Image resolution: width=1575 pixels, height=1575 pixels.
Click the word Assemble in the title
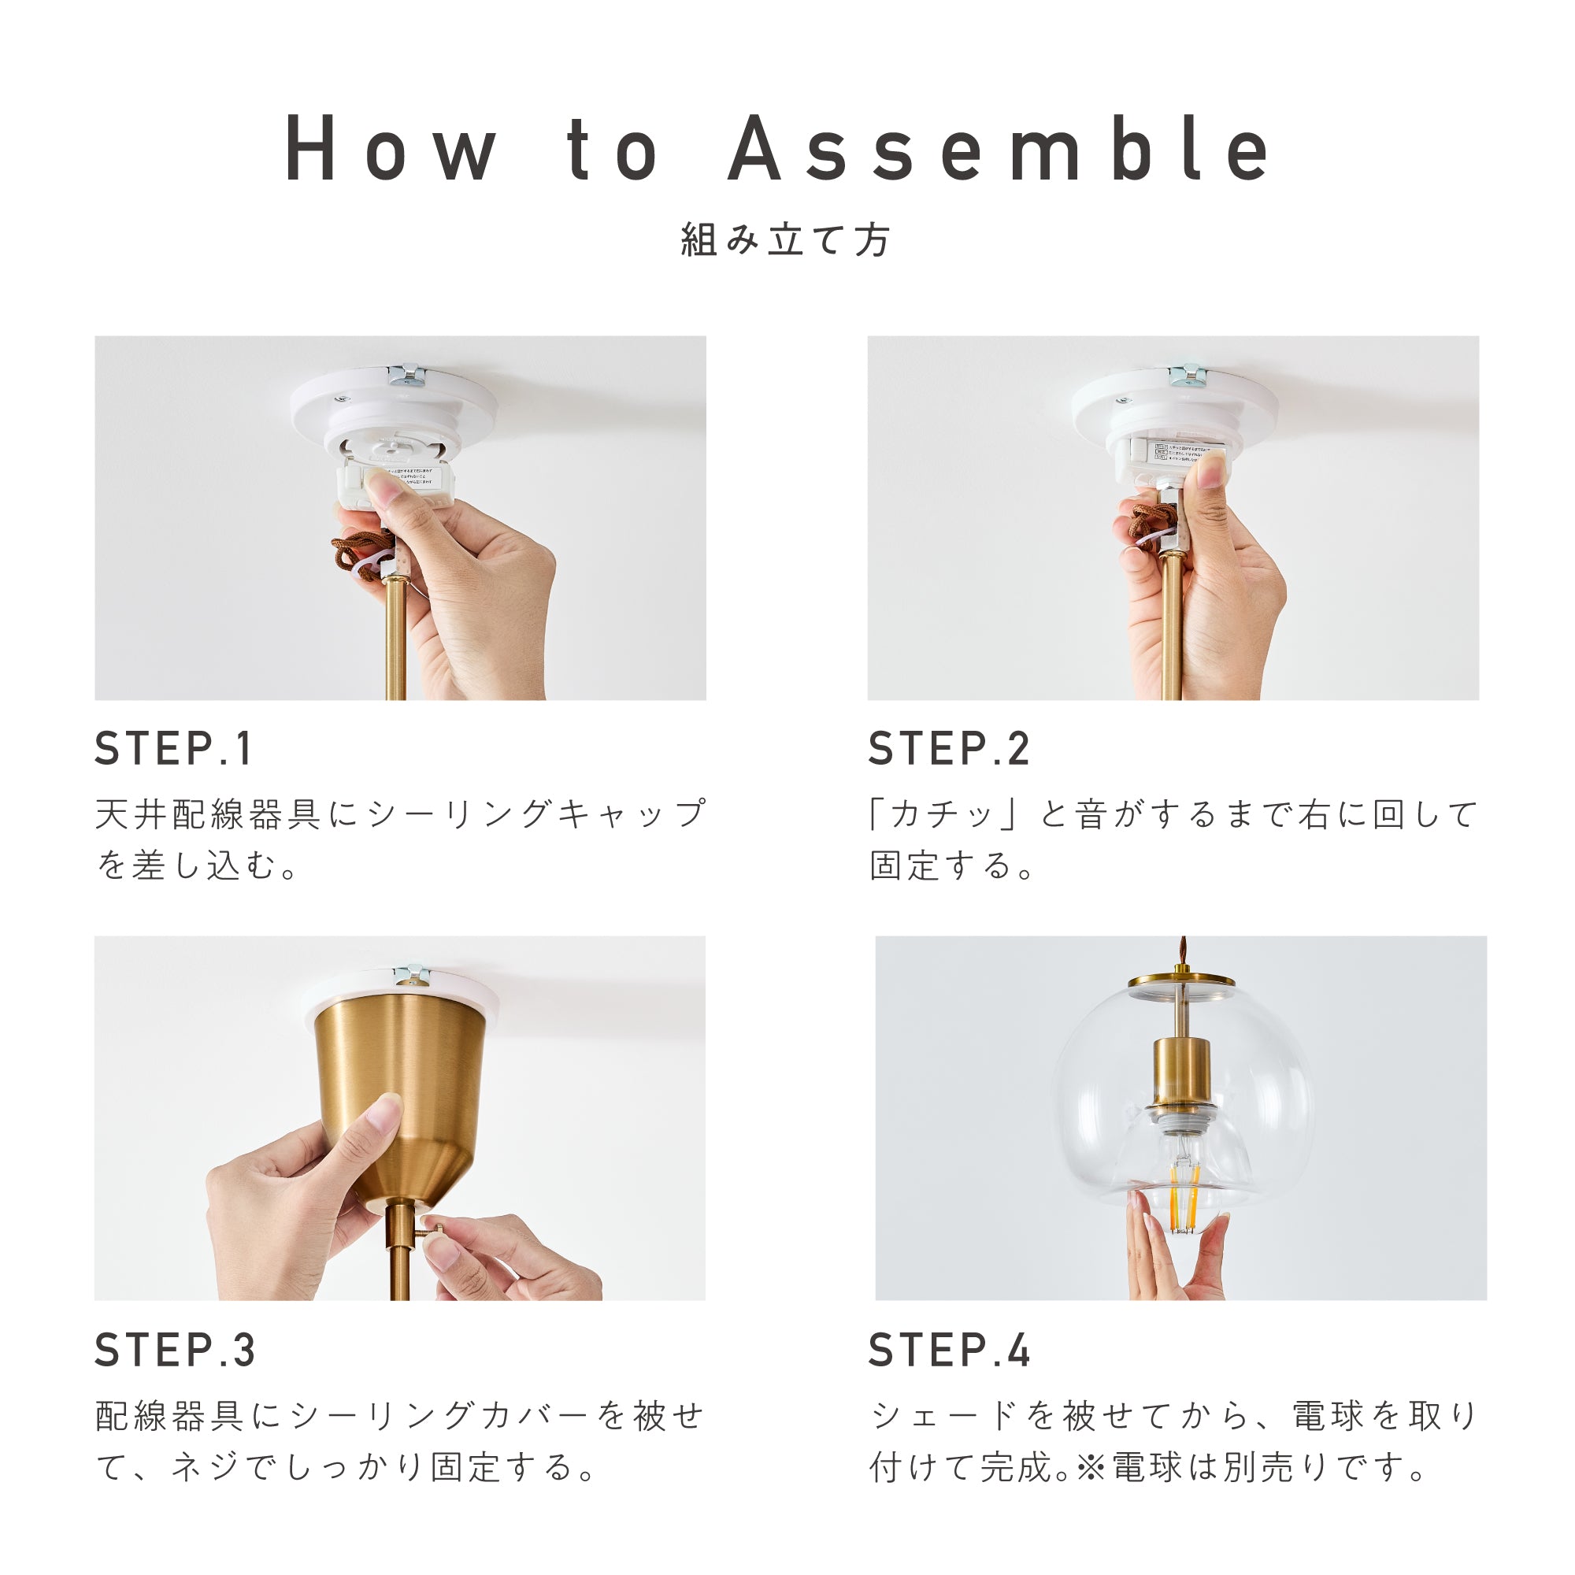click(999, 148)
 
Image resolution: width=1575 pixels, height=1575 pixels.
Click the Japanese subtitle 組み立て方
click(786, 239)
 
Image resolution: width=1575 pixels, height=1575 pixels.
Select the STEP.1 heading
click(173, 748)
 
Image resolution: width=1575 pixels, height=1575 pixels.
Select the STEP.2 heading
click(949, 748)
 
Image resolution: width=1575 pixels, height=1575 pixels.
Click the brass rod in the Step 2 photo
click(1172, 628)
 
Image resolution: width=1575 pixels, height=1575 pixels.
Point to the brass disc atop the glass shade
click(1181, 980)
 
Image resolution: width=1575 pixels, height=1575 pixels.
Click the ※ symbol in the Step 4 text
click(1089, 1467)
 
